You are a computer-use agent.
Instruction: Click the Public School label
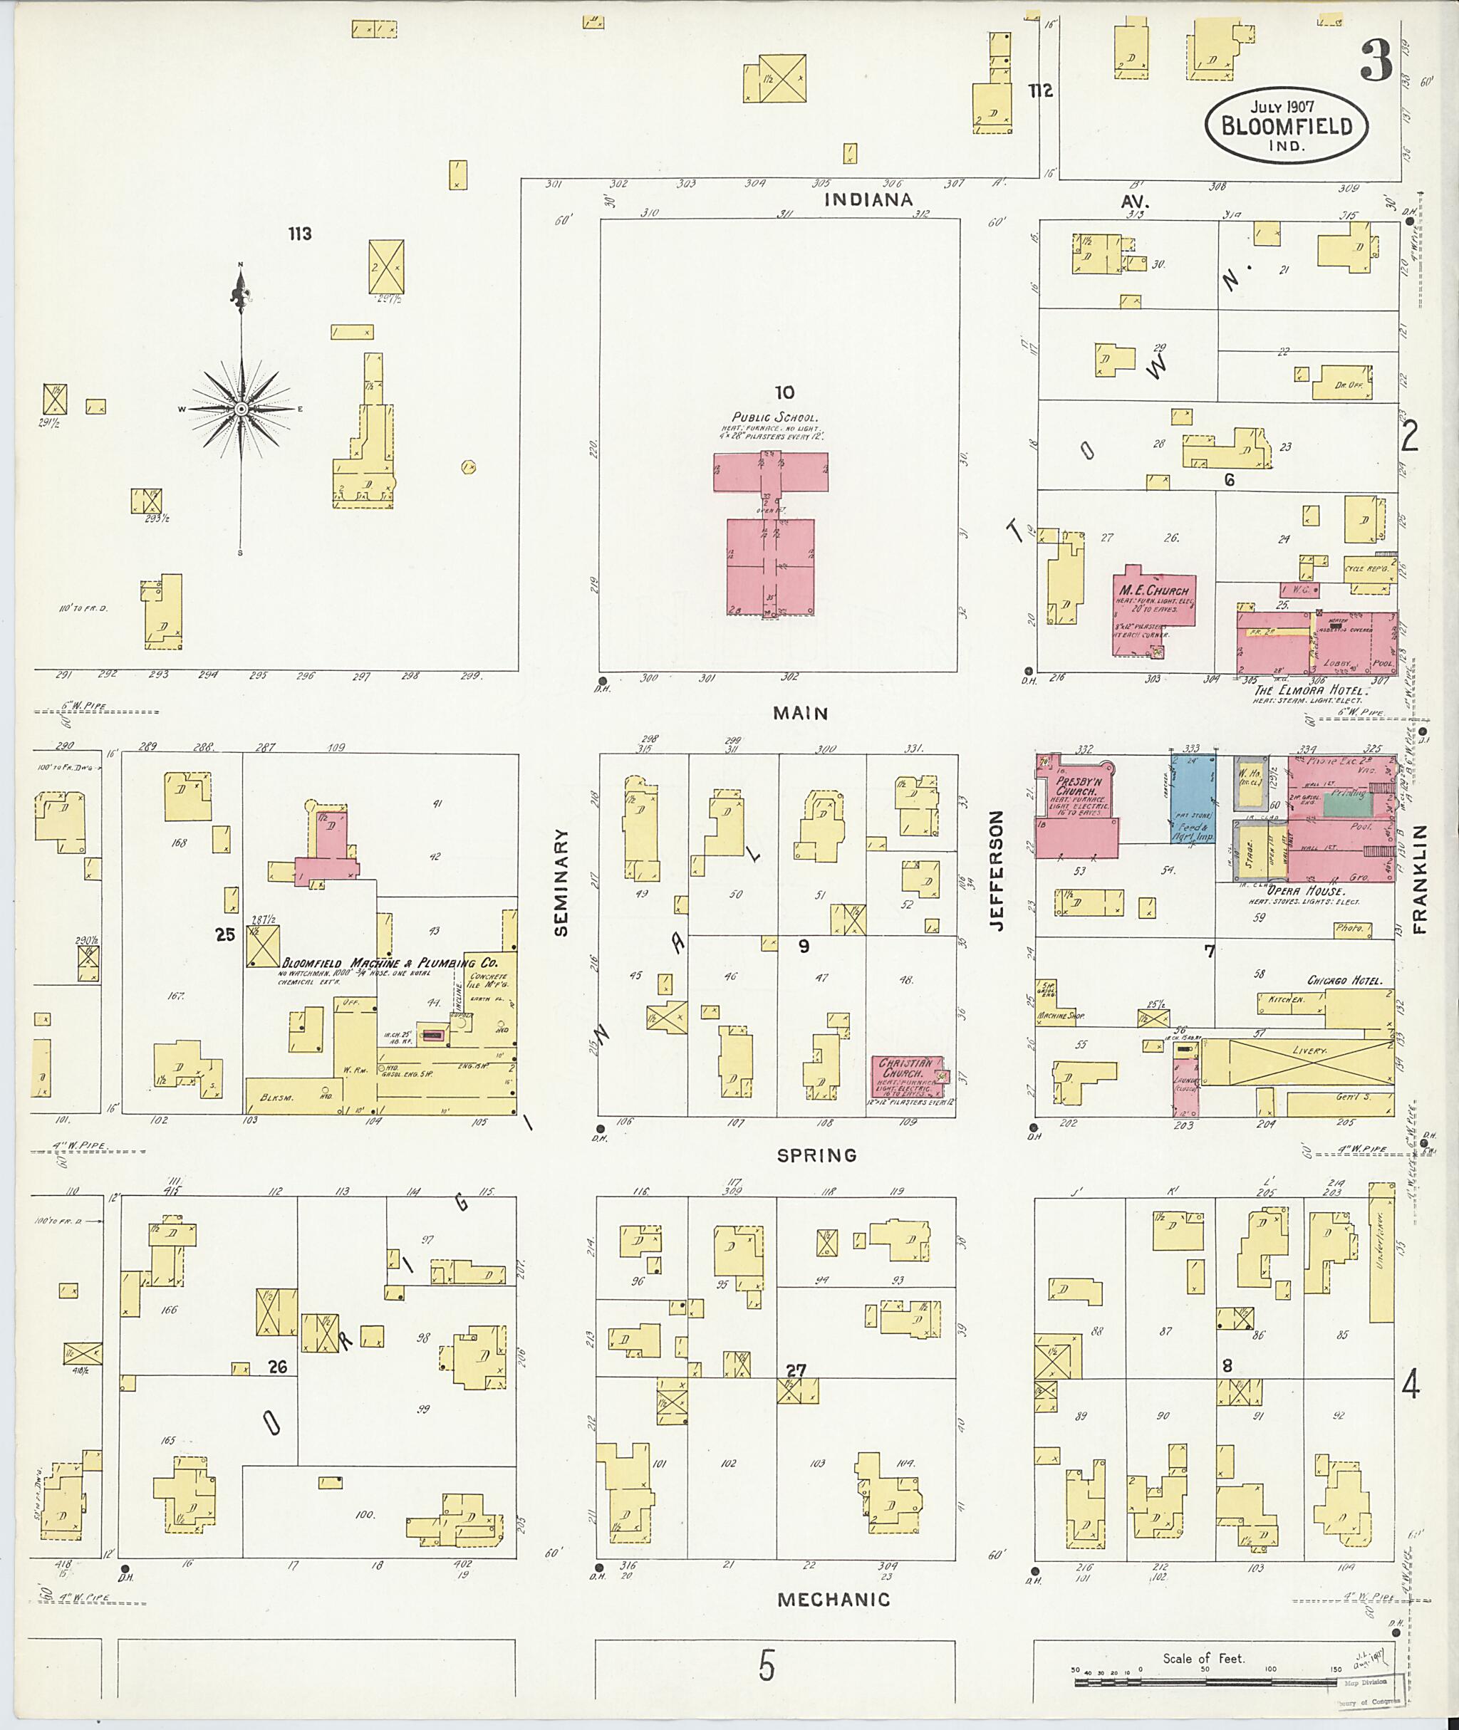pos(774,417)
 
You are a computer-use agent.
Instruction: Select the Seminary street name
pos(561,882)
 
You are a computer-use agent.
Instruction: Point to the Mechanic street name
pos(833,1600)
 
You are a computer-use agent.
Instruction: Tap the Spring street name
pos(816,1155)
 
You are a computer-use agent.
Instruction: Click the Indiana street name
pos(868,199)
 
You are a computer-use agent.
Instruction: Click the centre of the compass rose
pos(241,410)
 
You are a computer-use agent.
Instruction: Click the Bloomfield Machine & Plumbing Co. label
pos(390,964)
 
